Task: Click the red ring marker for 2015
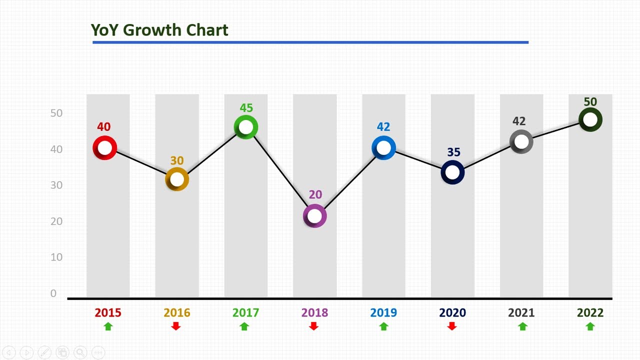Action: pos(105,148)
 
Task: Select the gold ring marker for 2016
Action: pos(177,179)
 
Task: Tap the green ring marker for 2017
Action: pos(246,127)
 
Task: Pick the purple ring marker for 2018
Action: pos(315,216)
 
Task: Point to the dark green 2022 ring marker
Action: pos(590,120)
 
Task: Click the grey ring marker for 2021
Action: pos(521,142)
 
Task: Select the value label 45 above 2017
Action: pos(246,108)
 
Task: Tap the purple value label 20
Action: pos(315,194)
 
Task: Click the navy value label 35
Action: pos(453,152)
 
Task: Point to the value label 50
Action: pos(590,102)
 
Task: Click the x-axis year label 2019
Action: pos(383,313)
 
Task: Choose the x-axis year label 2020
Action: pos(452,313)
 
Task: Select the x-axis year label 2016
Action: pos(177,313)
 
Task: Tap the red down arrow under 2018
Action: pos(314,326)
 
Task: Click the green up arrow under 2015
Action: pos(108,326)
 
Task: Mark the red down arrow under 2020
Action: pos(452,326)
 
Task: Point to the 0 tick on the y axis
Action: pos(53,293)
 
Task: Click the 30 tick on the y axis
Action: pos(56,185)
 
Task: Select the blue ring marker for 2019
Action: pos(383,148)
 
